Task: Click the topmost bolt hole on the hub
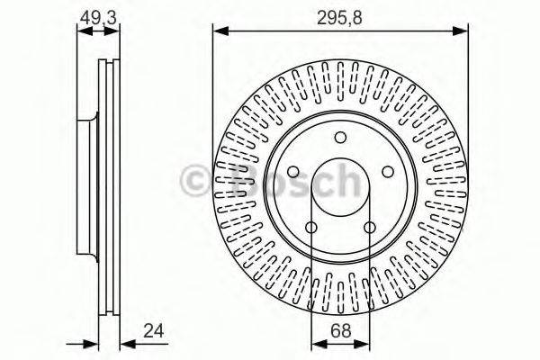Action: [340, 138]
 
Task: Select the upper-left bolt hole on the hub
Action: [293, 172]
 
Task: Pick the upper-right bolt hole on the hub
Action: [387, 172]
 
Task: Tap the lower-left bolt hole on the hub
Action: [311, 227]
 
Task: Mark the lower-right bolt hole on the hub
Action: [369, 227]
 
